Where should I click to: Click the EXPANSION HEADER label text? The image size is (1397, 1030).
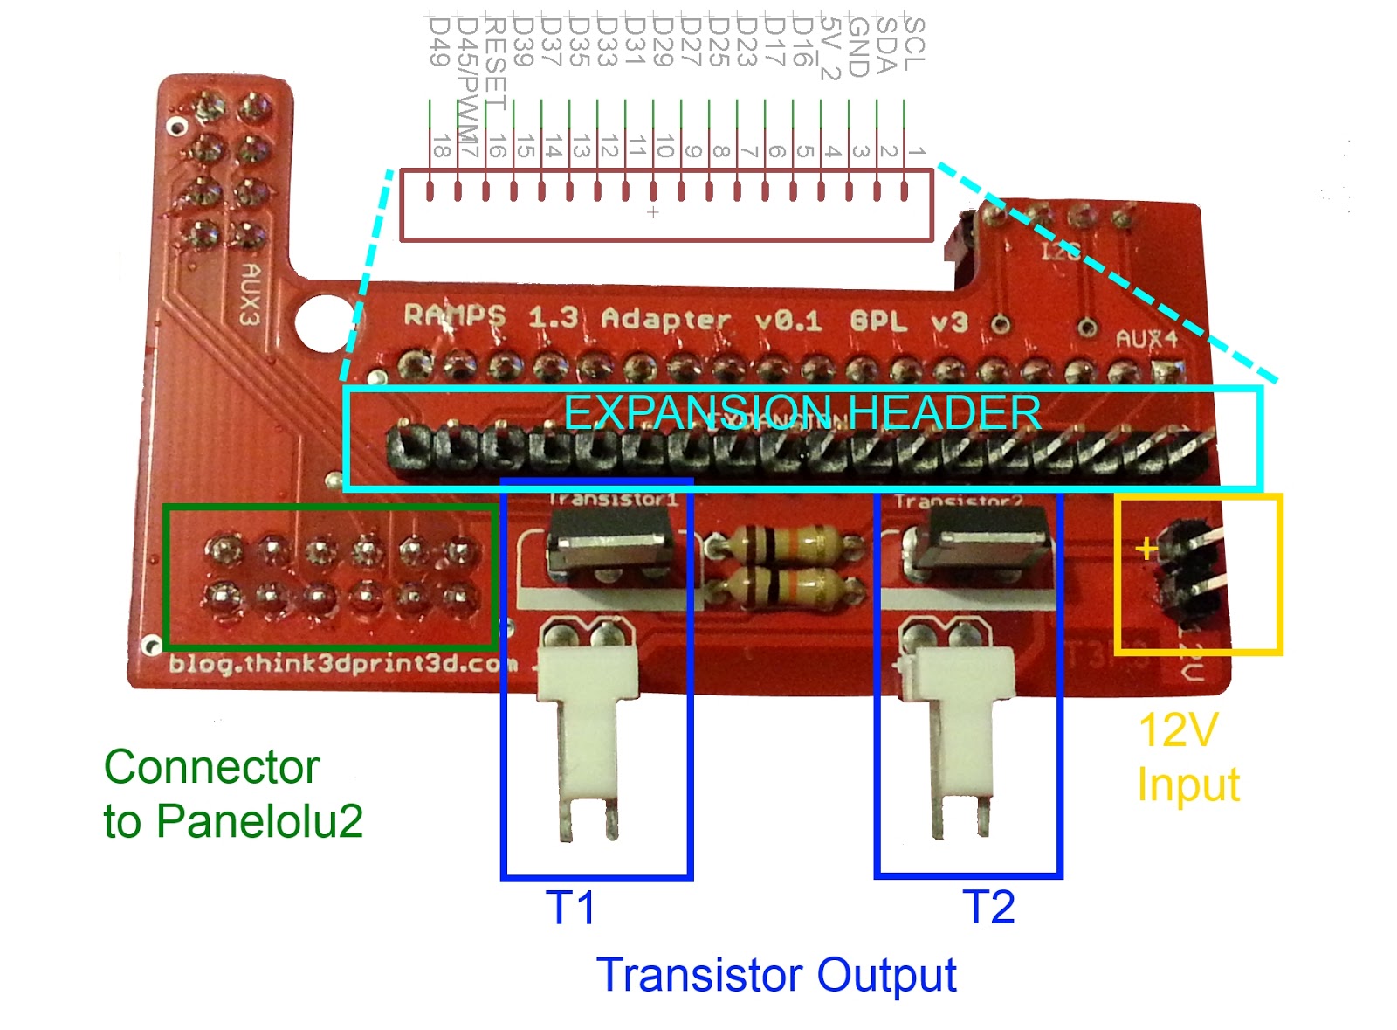tap(802, 413)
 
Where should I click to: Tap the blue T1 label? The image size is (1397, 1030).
tap(570, 908)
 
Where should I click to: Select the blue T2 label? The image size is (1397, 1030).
tap(988, 908)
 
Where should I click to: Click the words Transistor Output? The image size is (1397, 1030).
tap(776, 975)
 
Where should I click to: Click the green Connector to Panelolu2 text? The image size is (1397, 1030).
tap(232, 793)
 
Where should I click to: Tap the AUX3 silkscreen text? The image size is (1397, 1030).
tap(251, 294)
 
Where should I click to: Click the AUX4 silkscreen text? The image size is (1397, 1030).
tap(1146, 339)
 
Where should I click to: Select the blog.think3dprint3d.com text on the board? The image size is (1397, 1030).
tap(343, 664)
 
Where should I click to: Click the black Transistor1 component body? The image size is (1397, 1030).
tap(609, 542)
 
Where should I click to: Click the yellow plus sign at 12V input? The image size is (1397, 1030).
tap(1146, 549)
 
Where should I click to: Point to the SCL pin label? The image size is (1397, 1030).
tap(913, 44)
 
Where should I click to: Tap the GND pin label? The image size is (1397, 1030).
tap(857, 47)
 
